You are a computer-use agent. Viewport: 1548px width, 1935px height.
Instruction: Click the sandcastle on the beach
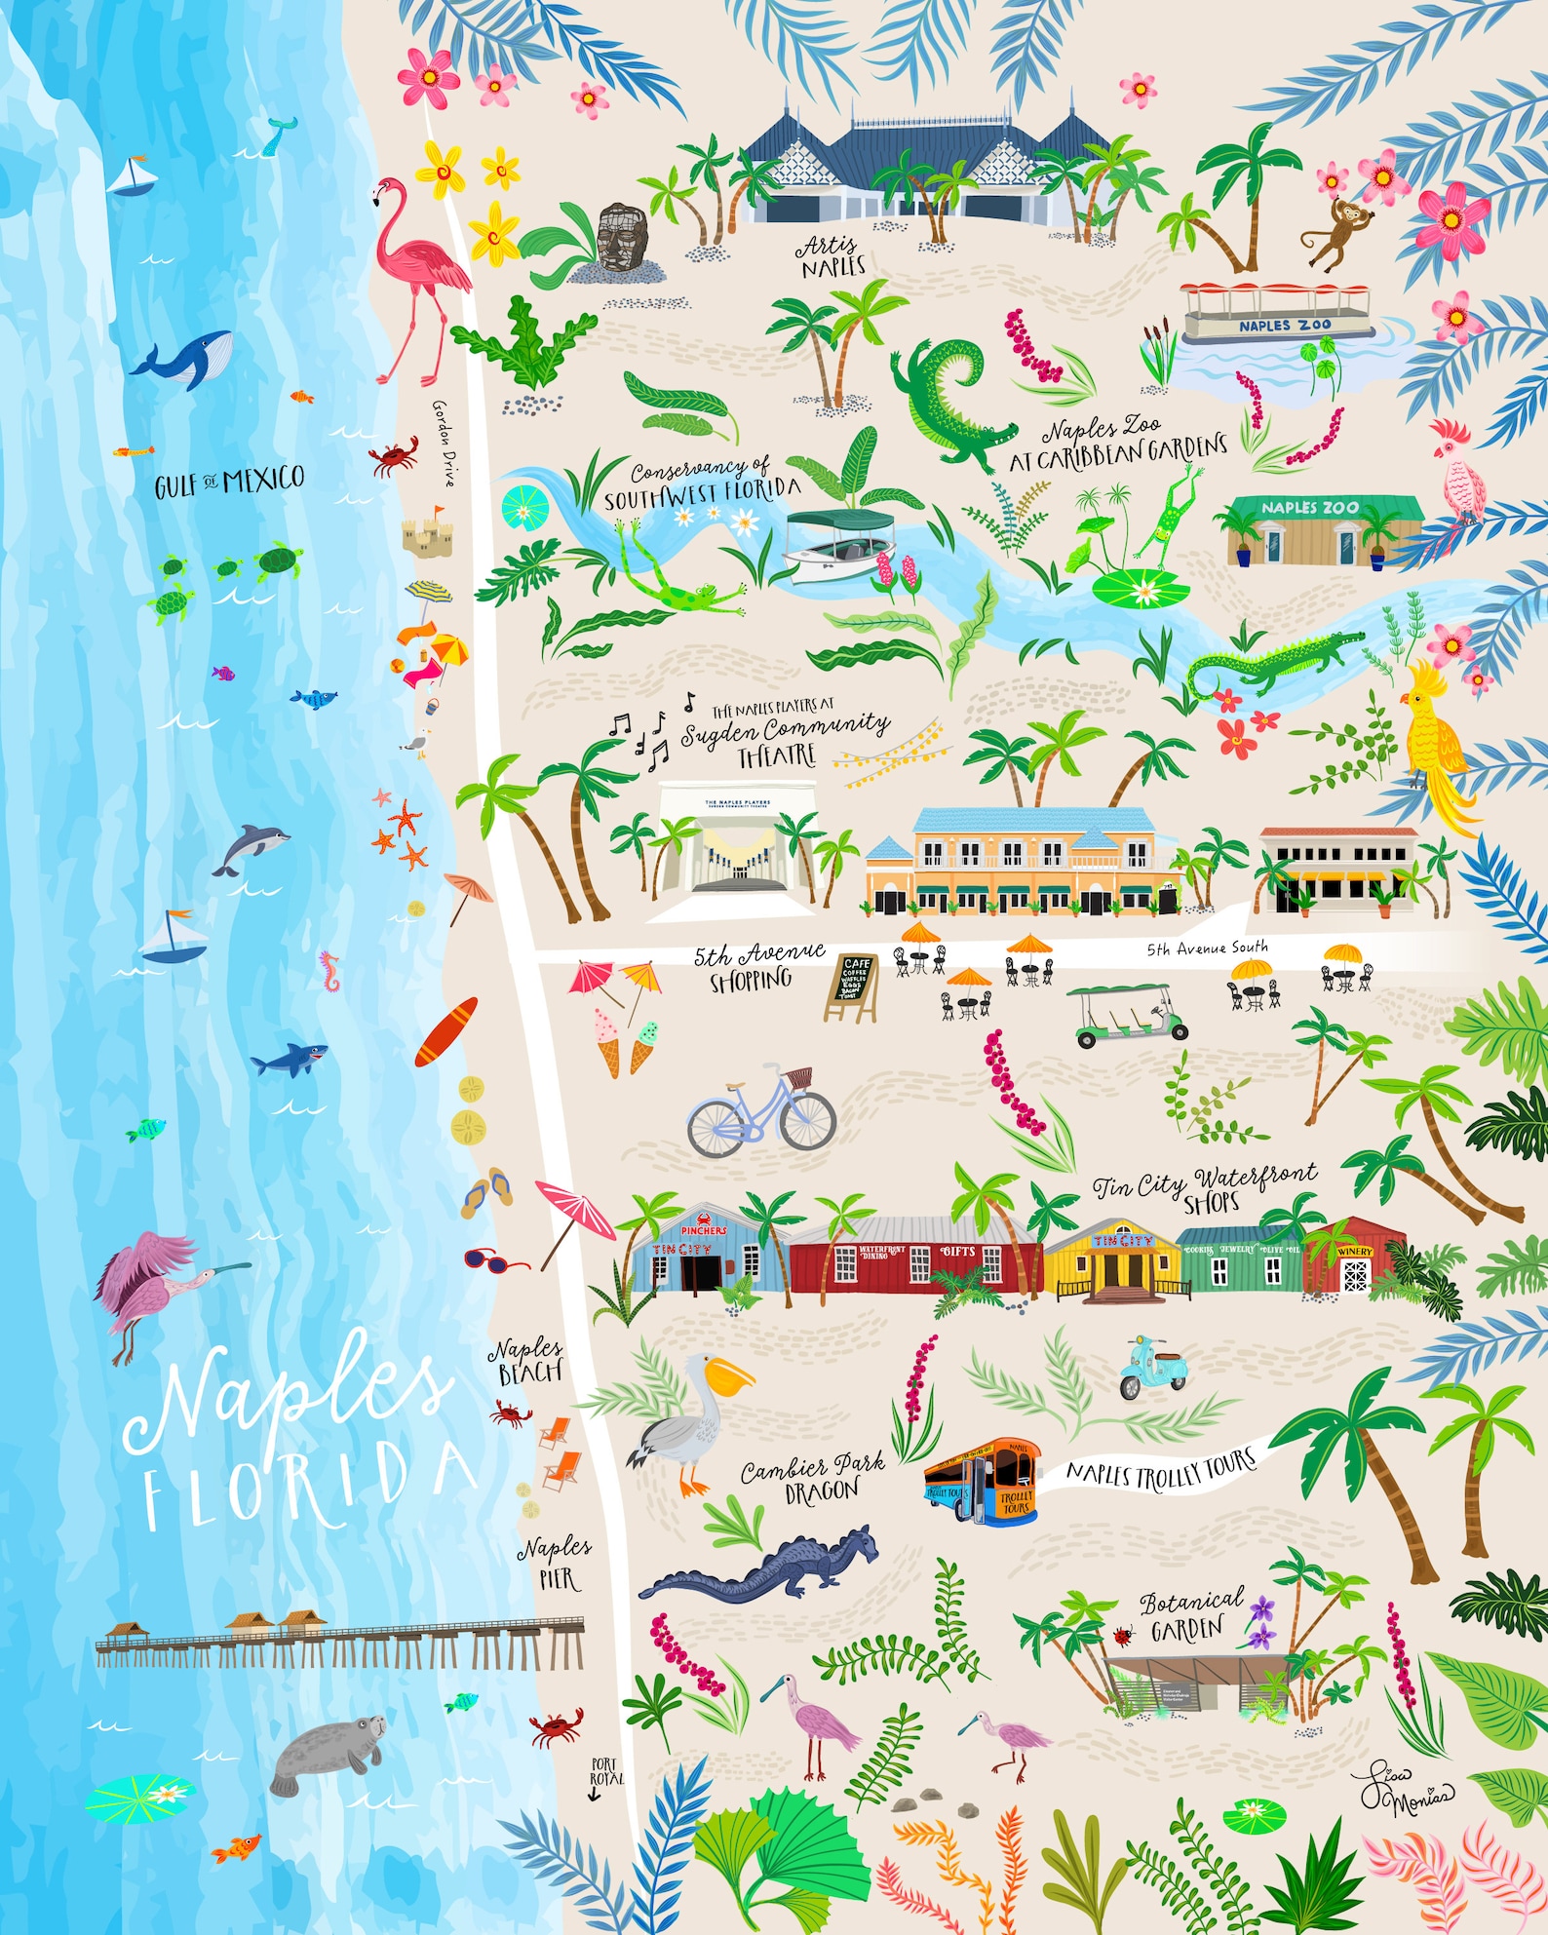pos(426,533)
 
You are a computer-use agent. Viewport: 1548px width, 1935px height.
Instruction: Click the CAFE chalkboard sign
pos(854,986)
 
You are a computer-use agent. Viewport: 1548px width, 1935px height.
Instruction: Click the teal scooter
pos(1151,1367)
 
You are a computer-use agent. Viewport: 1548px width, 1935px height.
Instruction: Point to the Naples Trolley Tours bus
pos(981,1480)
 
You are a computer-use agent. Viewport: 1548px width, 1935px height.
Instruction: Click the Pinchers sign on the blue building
pos(704,1229)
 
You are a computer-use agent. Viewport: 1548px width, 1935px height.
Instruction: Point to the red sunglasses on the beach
pos(494,1260)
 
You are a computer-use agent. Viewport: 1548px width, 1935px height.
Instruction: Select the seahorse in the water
pos(331,972)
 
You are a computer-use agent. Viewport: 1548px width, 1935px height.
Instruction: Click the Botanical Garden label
pos(1191,1615)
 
